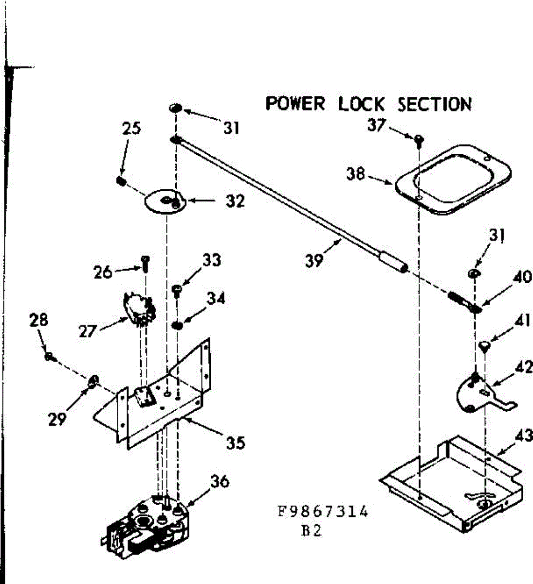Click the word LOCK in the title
coord(361,104)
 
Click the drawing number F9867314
coord(323,512)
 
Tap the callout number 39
coord(314,260)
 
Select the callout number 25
coord(131,128)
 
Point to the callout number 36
coord(219,481)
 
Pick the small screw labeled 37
coord(419,141)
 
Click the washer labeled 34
coord(178,325)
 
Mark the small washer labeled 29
coord(92,381)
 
